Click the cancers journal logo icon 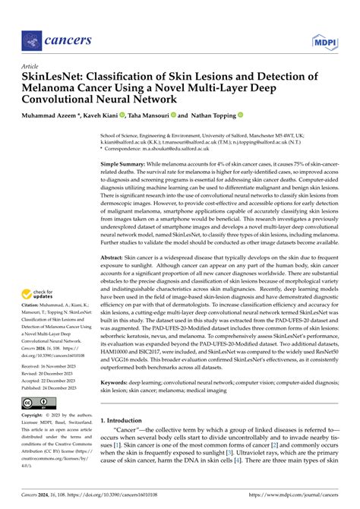pyautogui.click(x=30, y=39)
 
